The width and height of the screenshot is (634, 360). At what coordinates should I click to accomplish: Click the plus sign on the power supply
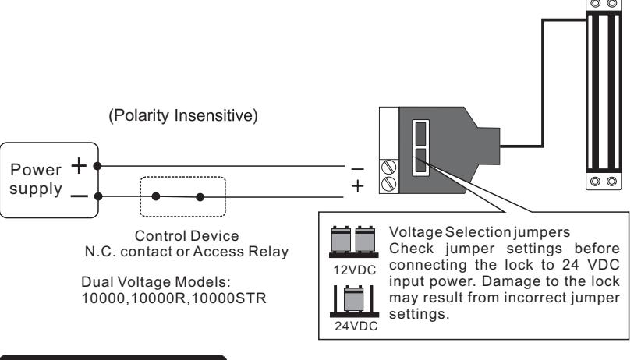pos(79,166)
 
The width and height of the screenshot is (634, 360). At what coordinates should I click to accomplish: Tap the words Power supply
pos(36,179)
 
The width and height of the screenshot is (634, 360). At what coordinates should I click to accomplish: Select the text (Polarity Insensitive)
pos(183,115)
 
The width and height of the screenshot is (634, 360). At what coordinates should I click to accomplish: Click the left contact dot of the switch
pos(156,197)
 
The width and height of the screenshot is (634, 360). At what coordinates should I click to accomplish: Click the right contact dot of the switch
pos(200,197)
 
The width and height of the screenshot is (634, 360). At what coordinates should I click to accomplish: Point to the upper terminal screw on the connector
pos(388,168)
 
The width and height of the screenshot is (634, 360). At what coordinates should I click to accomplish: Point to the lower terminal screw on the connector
pos(388,184)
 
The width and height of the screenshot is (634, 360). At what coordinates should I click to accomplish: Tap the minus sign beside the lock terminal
pos(357,169)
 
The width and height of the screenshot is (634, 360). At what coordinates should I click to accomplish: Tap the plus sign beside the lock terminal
pos(357,186)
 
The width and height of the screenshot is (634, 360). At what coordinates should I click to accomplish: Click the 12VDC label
pos(355,270)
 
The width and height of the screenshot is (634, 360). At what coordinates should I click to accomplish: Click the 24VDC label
pos(356,326)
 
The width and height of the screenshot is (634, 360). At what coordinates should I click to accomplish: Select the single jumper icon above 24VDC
pos(354,301)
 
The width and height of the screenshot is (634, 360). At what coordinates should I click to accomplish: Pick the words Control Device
pos(187,235)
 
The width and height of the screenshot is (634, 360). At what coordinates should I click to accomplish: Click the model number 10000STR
pos(228,298)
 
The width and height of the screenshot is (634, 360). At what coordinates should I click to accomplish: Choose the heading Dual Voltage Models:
pos(156,282)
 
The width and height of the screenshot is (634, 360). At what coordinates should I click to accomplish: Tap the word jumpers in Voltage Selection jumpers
pos(542,232)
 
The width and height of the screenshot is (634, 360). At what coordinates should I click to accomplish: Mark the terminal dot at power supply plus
pos(97,166)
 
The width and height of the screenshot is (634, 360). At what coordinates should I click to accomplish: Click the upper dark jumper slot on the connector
pos(420,133)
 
